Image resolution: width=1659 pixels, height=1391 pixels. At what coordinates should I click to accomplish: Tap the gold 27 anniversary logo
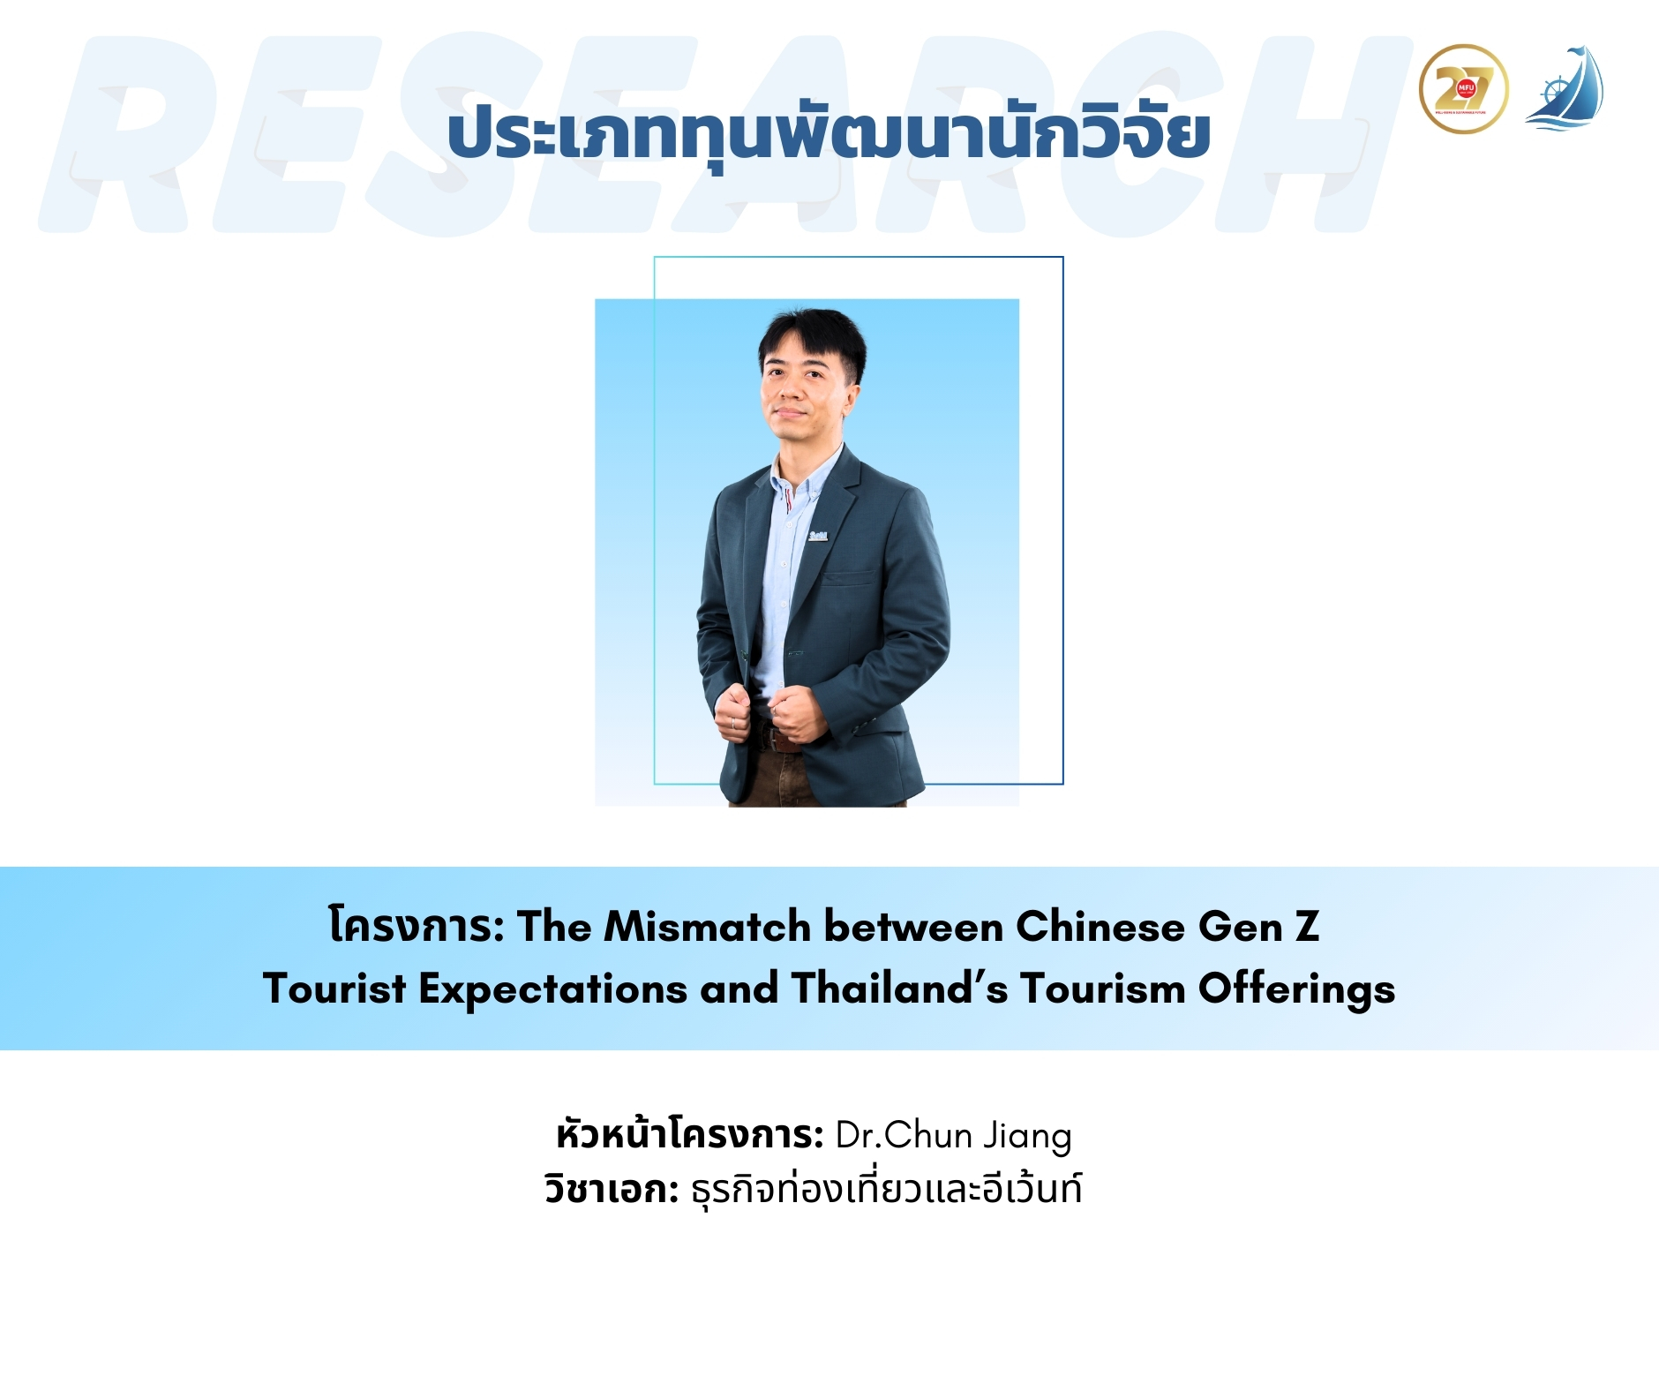1463,89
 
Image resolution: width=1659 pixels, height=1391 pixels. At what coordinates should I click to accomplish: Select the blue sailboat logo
1565,88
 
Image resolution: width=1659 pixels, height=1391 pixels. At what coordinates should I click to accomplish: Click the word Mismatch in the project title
708,927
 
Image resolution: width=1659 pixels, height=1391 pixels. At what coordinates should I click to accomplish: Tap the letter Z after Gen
1307,927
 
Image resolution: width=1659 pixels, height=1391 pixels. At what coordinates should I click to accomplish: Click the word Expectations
552,989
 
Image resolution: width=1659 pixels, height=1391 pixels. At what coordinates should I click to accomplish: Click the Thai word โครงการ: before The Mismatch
417,926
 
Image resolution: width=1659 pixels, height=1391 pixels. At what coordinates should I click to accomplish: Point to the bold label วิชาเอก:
612,1189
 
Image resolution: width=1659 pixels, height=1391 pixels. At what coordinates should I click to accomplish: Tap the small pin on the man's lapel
818,535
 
